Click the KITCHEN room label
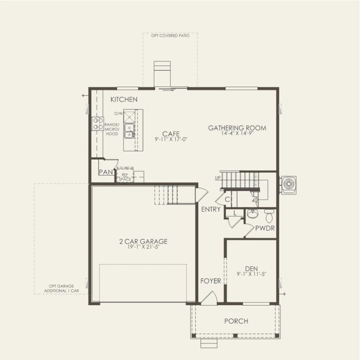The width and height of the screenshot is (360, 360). pyautogui.click(x=124, y=100)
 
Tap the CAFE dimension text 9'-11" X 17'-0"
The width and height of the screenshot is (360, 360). pyautogui.click(x=171, y=139)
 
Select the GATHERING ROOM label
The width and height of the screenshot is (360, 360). pyautogui.click(x=237, y=128)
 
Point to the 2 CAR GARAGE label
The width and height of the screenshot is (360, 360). pyautogui.click(x=143, y=241)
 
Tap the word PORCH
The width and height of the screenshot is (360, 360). pyautogui.click(x=236, y=321)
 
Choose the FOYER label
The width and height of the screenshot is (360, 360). pyautogui.click(x=211, y=281)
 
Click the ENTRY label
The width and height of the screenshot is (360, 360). pyautogui.click(x=211, y=210)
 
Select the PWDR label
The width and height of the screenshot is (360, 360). pyautogui.click(x=265, y=228)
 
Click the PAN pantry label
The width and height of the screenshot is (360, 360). pyautogui.click(x=106, y=172)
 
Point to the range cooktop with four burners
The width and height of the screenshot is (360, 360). pyautogui.click(x=98, y=124)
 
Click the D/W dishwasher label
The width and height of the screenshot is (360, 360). pyautogui.click(x=119, y=113)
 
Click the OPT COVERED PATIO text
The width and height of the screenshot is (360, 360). pyautogui.click(x=170, y=36)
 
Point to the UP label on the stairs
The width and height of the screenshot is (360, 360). pyautogui.click(x=217, y=178)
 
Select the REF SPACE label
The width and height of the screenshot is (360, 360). pyautogui.click(x=125, y=177)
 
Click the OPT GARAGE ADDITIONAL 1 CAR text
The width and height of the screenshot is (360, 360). pyautogui.click(x=61, y=288)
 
